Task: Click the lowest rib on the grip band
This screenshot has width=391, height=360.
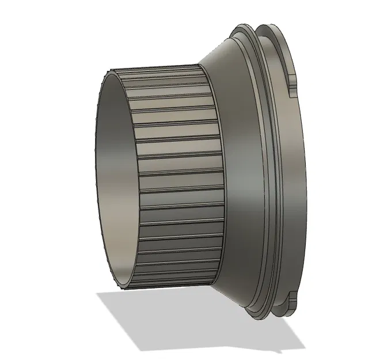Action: click(x=167, y=285)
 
